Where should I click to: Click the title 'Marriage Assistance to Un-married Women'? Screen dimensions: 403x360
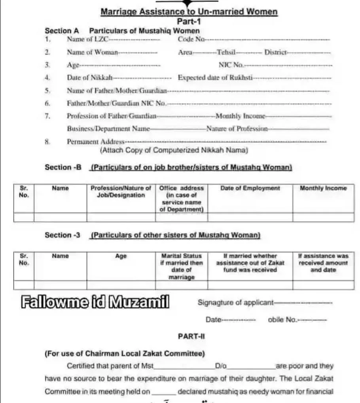[x=189, y=12]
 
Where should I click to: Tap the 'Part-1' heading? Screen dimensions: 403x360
[x=189, y=22]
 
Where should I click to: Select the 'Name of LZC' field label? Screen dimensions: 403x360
[x=85, y=39]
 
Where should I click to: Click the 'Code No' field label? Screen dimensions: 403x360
[x=191, y=39]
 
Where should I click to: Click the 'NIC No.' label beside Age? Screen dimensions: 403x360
[x=231, y=65]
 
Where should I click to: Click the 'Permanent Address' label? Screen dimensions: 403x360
[x=95, y=142]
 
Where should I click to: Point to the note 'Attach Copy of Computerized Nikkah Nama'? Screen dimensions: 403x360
[x=174, y=150]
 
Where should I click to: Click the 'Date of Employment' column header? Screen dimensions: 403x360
[x=250, y=189]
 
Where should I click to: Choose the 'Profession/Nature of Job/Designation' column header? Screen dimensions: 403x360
[x=121, y=192]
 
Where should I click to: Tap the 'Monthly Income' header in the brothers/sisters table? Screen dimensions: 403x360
[x=323, y=189]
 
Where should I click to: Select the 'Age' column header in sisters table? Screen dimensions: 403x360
[x=121, y=256]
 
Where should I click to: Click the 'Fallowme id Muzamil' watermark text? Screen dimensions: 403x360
[x=95, y=303]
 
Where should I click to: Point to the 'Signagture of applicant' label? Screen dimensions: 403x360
[x=235, y=303]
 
